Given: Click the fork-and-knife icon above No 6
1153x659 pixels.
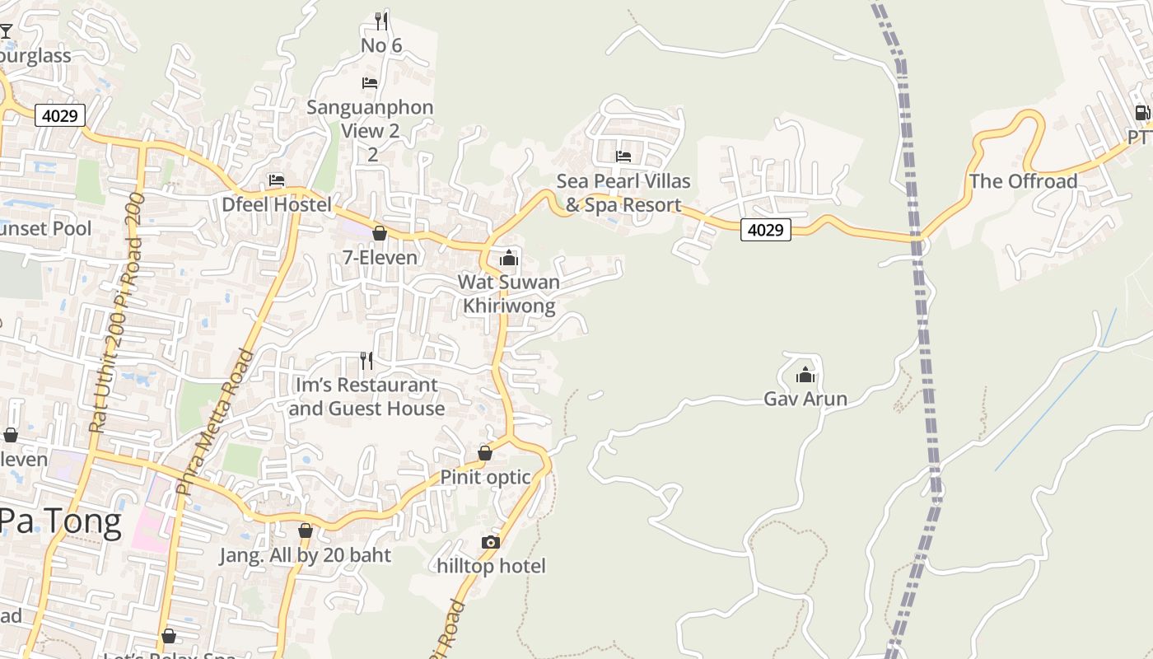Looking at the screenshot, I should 380,21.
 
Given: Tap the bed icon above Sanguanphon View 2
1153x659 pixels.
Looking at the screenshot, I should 370,83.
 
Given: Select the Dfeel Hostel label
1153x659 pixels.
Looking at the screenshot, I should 277,204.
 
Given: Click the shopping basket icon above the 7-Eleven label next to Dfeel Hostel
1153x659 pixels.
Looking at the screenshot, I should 380,234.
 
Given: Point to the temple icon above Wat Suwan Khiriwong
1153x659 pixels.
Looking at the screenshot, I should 509,259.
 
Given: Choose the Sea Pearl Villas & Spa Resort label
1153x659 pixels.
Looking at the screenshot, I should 623,193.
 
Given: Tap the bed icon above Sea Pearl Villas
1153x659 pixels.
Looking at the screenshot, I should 623,156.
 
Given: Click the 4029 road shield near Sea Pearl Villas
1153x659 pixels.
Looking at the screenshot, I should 765,230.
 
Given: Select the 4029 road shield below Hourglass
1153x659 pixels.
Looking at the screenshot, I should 61,115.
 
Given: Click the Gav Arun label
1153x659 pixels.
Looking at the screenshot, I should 805,399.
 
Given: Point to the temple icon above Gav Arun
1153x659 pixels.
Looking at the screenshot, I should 805,376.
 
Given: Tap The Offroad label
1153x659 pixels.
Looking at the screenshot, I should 1023,181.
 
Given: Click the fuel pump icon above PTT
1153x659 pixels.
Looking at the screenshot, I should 1142,113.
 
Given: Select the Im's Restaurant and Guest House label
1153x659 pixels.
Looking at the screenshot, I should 367,396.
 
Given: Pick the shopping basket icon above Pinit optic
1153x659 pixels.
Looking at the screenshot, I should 485,453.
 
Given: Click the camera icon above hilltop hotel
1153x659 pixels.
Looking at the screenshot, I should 491,542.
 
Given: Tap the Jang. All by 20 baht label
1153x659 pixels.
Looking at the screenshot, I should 305,555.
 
